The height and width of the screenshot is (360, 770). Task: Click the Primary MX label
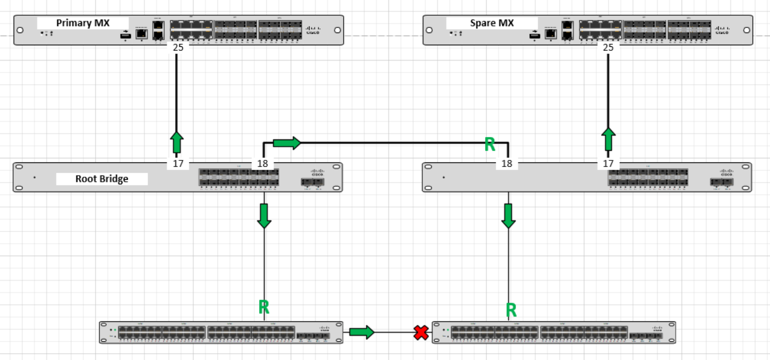tap(82, 23)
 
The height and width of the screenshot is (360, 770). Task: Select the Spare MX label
tap(492, 23)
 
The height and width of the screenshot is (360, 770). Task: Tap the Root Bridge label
tap(102, 179)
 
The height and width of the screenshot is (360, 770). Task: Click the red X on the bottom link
tap(421, 333)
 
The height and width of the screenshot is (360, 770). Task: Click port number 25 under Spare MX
tap(608, 47)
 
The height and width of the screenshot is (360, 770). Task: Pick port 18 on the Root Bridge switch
tap(263, 164)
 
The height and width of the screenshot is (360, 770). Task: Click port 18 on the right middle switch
tap(507, 164)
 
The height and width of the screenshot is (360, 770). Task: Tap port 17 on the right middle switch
tap(608, 164)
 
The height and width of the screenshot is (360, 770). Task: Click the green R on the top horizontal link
tap(490, 145)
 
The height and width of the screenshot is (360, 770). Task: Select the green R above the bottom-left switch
tap(264, 307)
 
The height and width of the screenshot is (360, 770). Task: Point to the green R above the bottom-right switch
tap(511, 310)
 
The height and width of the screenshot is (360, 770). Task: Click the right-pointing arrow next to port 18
tap(287, 143)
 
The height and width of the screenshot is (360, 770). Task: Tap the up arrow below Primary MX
tap(177, 142)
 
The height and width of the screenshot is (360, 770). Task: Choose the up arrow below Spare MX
tap(608, 139)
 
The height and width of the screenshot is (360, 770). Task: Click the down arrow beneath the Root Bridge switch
tap(264, 215)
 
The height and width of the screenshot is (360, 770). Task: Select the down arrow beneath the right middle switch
tap(508, 215)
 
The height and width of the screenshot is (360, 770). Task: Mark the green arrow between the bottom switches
tap(362, 333)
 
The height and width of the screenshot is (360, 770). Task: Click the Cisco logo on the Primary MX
tap(312, 30)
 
